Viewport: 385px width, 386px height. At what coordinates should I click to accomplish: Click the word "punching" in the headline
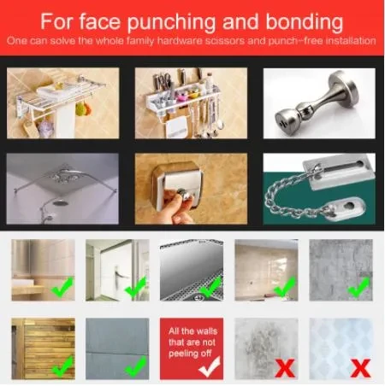click(172, 22)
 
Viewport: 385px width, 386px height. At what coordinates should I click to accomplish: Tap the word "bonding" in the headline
click(305, 22)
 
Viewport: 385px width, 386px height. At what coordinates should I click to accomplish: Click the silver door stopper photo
click(319, 103)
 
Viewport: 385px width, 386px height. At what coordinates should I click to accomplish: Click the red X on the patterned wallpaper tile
click(361, 368)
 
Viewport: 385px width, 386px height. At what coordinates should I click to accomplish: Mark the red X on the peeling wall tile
click(286, 368)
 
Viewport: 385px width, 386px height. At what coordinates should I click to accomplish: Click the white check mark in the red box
click(210, 366)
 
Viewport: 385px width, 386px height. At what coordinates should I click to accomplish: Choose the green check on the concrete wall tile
click(359, 287)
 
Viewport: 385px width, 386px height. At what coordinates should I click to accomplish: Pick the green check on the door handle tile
click(136, 288)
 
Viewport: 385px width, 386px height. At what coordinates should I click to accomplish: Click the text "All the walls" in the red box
click(192, 331)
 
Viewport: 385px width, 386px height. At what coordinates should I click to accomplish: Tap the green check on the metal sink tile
click(210, 288)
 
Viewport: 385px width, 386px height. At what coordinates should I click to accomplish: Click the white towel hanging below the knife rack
click(177, 127)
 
